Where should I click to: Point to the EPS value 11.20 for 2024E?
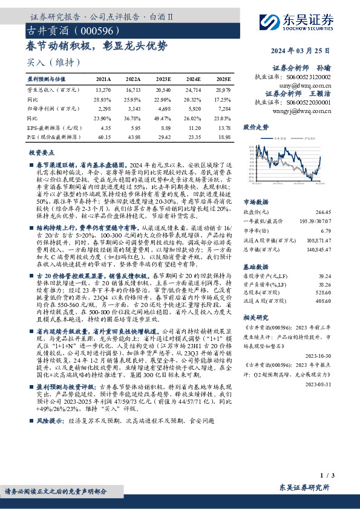[x=194, y=128]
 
